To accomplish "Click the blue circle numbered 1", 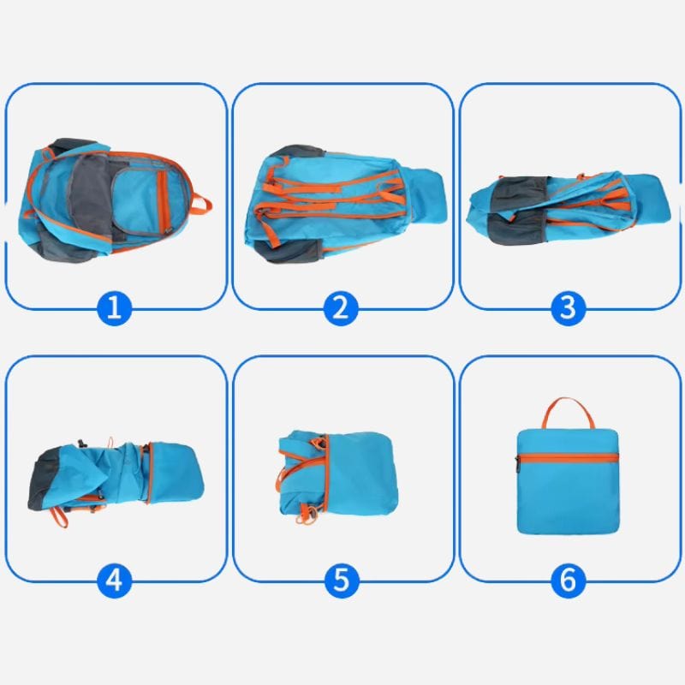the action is click(114, 308).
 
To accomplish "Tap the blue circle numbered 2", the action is click(341, 308).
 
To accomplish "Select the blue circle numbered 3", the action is click(568, 308).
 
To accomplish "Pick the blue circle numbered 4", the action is click(114, 581).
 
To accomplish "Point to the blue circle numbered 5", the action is click(341, 581).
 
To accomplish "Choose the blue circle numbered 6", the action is click(568, 581).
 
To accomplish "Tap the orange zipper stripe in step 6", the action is click(569, 457).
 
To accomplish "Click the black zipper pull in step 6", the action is click(518, 464).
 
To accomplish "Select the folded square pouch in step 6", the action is click(568, 481).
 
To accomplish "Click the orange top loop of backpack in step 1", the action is click(202, 205).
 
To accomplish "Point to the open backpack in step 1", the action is click(115, 201).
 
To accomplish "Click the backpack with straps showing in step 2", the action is click(345, 204).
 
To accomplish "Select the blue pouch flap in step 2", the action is click(426, 195).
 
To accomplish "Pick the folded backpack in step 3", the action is click(568, 209).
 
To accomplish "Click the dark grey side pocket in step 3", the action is click(519, 210).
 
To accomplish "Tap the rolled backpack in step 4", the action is click(116, 477).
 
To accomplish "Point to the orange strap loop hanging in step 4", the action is click(58, 517).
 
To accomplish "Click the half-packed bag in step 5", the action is click(338, 475).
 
